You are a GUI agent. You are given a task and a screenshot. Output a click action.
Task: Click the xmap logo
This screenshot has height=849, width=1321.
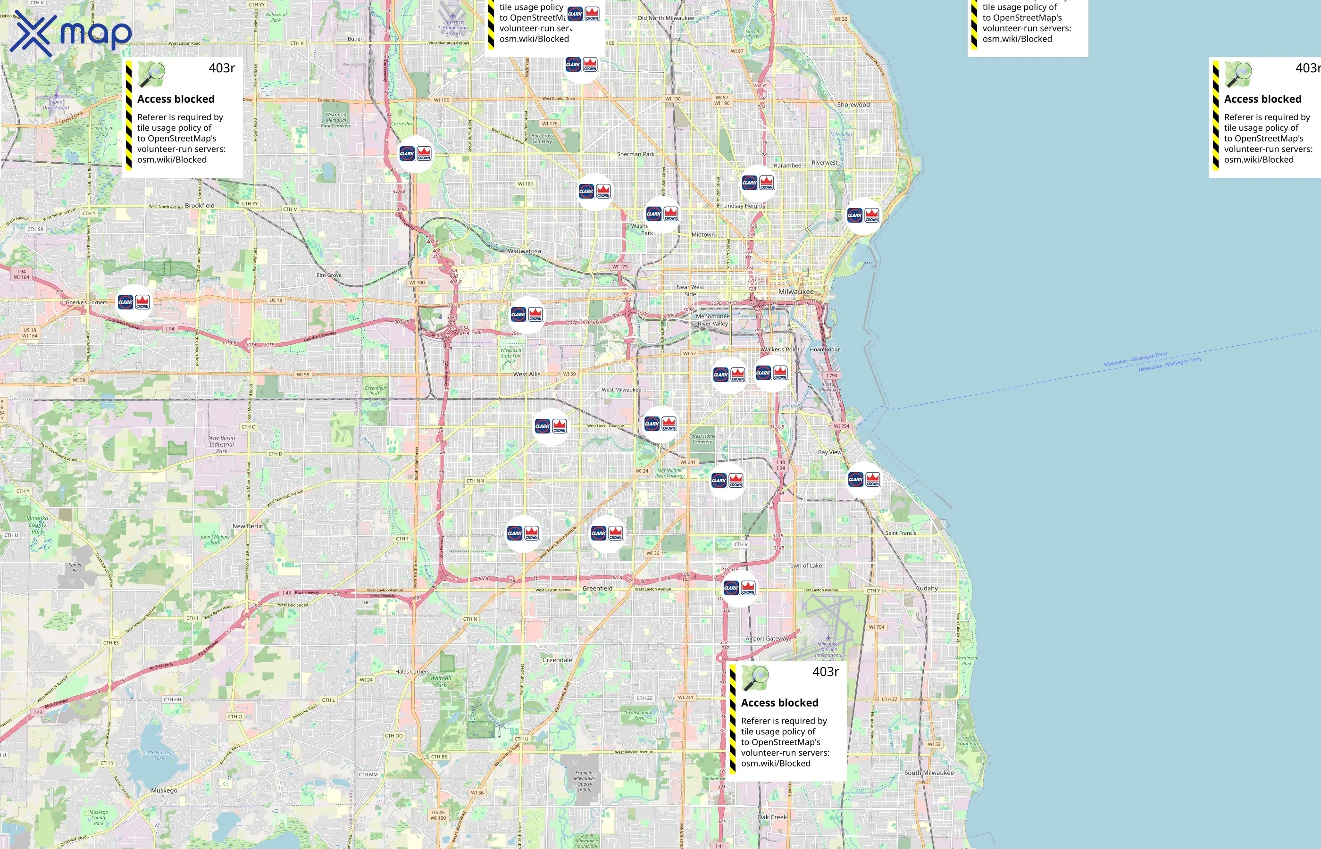coord(71,33)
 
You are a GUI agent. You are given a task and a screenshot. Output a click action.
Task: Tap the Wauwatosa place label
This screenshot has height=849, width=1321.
coord(524,251)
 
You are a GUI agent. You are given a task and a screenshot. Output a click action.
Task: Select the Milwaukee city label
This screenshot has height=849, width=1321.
coord(795,291)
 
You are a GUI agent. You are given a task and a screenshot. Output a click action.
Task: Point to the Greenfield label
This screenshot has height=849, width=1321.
coord(597,588)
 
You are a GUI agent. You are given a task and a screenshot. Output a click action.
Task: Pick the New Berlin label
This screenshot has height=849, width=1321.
coord(248,526)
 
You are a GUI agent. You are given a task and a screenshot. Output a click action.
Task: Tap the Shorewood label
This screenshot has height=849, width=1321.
coord(853,105)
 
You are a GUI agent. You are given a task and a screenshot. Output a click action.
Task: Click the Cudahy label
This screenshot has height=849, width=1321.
coord(927,588)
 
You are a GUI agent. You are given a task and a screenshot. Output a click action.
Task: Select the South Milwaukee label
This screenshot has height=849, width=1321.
coord(928,773)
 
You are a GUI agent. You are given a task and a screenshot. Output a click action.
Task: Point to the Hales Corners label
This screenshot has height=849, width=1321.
coord(412,672)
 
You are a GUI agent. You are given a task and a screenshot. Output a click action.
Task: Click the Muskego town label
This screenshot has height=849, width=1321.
coord(164,791)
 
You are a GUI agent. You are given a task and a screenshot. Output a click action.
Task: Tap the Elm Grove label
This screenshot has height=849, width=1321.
coord(329,275)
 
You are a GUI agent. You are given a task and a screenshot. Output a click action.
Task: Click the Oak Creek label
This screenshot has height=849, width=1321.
coord(772,817)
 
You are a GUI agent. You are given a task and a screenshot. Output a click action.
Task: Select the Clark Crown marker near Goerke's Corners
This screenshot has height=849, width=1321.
coord(134,302)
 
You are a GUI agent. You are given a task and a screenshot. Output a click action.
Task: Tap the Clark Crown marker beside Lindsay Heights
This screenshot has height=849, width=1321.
coord(758,183)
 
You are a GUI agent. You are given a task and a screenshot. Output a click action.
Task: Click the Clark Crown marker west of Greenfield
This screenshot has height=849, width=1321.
coord(523,533)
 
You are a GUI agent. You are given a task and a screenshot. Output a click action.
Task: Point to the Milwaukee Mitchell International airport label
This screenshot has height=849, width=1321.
coord(828,649)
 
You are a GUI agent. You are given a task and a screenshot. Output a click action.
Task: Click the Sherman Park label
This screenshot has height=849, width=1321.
coord(635,154)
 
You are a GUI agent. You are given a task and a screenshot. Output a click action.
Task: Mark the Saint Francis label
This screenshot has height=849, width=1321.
coord(900,533)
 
